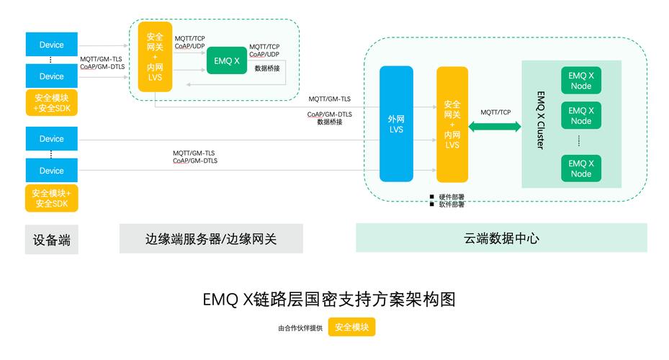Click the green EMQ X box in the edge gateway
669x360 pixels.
(x=227, y=60)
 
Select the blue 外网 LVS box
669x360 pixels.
(x=396, y=124)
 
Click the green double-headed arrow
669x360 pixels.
(x=495, y=127)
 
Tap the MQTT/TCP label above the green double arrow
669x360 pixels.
(x=495, y=112)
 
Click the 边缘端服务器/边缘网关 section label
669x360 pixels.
(x=211, y=239)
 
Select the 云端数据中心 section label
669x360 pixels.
(x=501, y=238)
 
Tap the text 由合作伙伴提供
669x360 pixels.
(x=300, y=328)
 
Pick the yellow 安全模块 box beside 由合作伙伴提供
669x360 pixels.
(x=351, y=328)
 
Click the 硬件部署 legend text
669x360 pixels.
(x=452, y=197)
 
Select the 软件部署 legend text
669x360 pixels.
(x=452, y=204)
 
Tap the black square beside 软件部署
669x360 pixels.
(x=432, y=204)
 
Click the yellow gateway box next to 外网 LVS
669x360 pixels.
(x=452, y=124)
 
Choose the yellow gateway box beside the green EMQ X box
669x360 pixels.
(x=155, y=57)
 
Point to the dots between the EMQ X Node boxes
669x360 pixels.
(x=579, y=141)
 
